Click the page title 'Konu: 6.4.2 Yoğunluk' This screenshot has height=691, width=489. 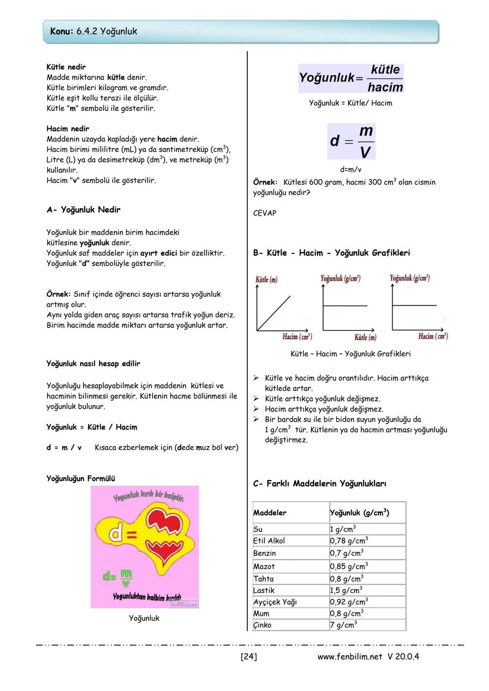tap(94, 31)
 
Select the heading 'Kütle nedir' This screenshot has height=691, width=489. tap(66, 67)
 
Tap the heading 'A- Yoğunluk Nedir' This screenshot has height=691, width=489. tap(83, 210)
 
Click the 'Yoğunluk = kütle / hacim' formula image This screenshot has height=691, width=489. tap(351, 78)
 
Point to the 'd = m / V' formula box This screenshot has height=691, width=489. tap(351, 141)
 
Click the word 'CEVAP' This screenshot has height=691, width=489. tap(264, 213)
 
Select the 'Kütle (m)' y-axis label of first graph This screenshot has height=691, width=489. tap(266, 279)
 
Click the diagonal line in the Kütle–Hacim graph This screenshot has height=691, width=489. tap(274, 313)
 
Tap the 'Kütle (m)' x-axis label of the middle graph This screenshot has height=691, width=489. tap(365, 337)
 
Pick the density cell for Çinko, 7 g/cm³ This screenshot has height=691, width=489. tap(343, 625)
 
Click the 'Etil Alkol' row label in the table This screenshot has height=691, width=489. tap(269, 541)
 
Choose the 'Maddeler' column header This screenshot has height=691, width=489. tap(270, 513)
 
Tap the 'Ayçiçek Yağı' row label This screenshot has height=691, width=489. tap(275, 602)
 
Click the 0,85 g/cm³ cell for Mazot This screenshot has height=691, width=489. tap(349, 566)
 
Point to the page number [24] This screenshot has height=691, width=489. tap(249, 657)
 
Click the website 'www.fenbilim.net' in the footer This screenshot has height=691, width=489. tap(350, 657)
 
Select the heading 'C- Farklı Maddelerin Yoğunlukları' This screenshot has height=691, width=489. tap(320, 484)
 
